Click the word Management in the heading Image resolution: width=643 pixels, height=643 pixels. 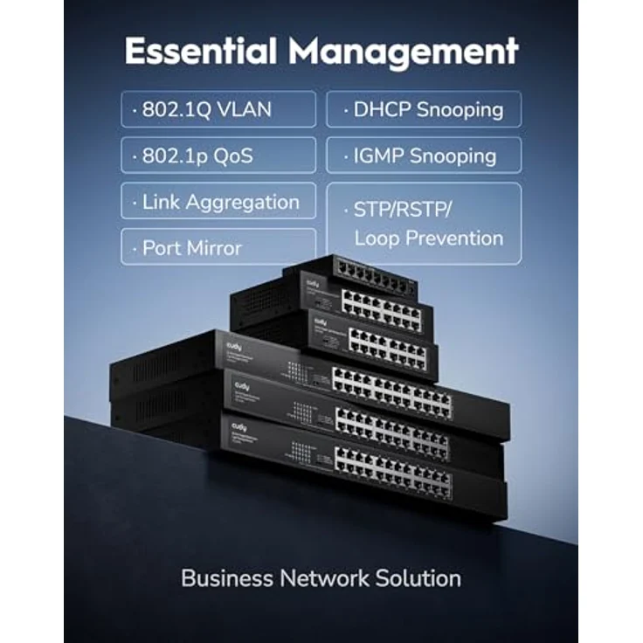(x=404, y=52)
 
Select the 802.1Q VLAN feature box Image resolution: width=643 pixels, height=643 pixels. (x=218, y=109)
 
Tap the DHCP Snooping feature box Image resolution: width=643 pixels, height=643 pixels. (x=424, y=109)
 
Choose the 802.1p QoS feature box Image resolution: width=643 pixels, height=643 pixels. (x=218, y=156)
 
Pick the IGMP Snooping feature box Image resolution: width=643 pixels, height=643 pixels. (x=424, y=156)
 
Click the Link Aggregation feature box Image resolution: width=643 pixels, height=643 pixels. (x=218, y=202)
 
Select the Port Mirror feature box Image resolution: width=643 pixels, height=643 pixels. (x=218, y=247)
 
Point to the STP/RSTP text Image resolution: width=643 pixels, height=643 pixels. (x=403, y=210)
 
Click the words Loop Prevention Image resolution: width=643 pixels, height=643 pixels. (x=428, y=238)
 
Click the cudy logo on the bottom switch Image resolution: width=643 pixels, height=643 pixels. (x=239, y=426)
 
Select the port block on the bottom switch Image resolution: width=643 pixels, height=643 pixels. (x=393, y=472)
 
